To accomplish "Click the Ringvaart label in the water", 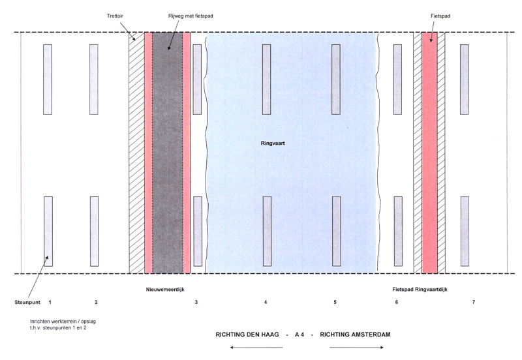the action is click(273, 143).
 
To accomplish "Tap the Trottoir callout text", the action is click(115, 16).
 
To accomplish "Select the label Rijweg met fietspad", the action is click(191, 16).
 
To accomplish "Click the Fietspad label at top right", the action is click(440, 16).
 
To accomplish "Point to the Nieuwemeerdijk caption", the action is click(165, 290).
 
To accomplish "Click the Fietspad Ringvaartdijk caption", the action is click(420, 290).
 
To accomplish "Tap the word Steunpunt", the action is click(27, 303).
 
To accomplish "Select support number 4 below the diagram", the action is click(266, 302).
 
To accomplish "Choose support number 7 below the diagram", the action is click(474, 302).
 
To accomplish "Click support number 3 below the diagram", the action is click(196, 302).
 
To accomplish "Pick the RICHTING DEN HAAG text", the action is click(247, 335).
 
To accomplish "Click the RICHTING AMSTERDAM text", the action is click(355, 335).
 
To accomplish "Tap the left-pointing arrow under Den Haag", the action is click(256, 348).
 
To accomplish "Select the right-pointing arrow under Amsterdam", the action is click(356, 348).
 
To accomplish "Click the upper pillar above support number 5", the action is click(336, 80).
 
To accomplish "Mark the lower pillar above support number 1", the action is click(48, 232).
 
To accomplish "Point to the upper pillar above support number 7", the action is click(465, 80).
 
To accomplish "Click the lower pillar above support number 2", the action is click(94, 232).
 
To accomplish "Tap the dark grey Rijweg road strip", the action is click(168, 153).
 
